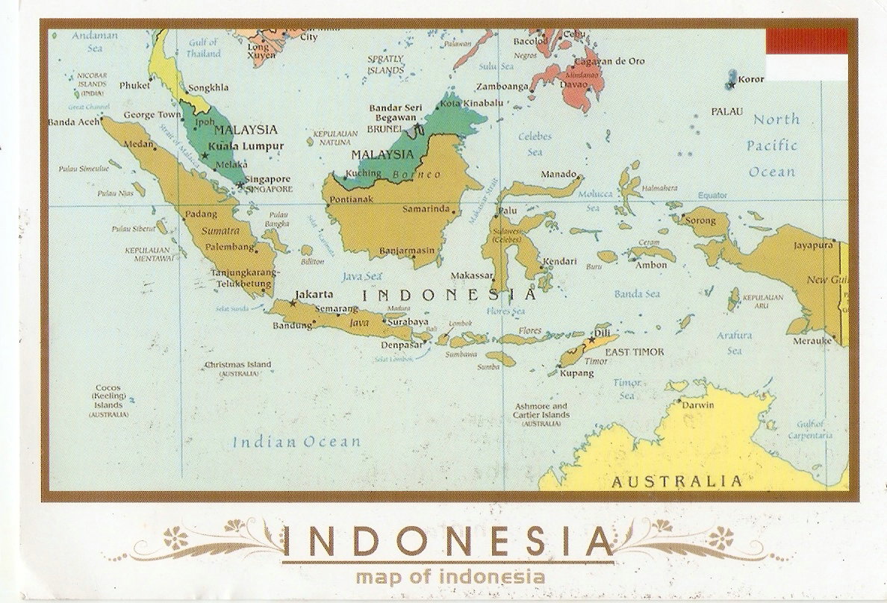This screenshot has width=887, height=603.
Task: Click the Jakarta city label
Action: [314, 294]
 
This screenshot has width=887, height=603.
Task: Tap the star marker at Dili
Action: [592, 340]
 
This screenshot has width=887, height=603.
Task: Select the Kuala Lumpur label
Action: [246, 146]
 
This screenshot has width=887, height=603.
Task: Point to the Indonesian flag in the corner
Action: [807, 54]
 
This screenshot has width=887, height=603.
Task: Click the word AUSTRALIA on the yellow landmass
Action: [677, 481]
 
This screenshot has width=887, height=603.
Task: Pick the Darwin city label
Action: [698, 404]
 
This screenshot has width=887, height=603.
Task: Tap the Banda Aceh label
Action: [72, 122]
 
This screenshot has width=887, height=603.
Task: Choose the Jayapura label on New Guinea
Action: [812, 244]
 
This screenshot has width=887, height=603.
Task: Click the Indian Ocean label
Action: [296, 442]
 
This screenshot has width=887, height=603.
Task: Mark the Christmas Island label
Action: [238, 365]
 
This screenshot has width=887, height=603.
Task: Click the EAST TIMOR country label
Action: [634, 352]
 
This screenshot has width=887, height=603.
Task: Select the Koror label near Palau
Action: [751, 79]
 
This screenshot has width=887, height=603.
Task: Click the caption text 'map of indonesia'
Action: [450, 576]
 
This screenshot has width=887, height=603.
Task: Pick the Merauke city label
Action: [813, 340]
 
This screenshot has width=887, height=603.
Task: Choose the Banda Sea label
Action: [637, 294]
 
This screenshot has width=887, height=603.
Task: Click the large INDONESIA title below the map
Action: [448, 541]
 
